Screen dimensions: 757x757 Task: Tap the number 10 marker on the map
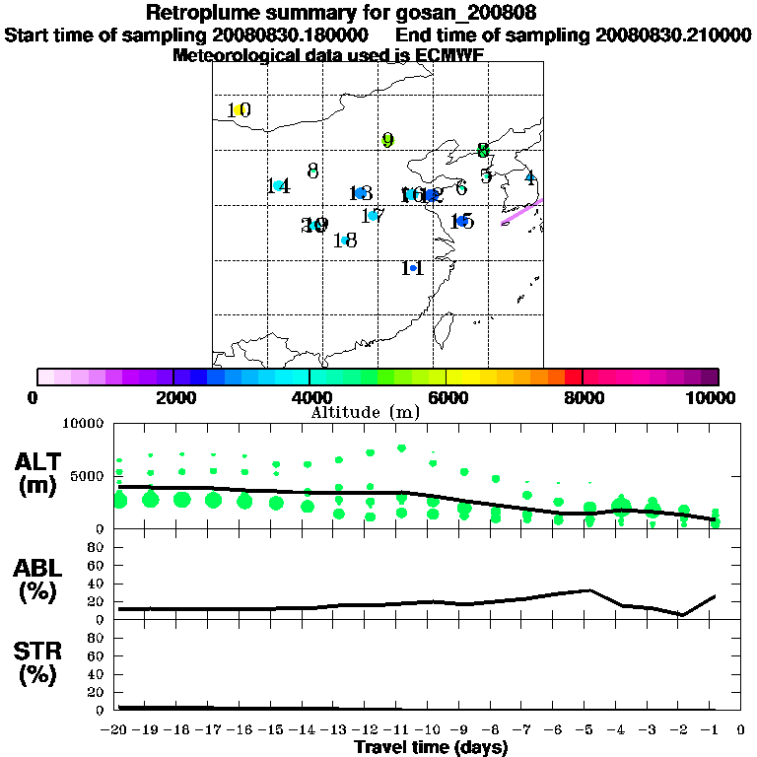point(239,110)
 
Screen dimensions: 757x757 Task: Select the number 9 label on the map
point(387,140)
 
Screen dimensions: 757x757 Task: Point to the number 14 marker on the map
point(279,186)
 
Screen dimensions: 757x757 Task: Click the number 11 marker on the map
point(413,268)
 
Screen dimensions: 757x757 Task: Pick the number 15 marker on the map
point(461,221)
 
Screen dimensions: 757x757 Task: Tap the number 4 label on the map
point(530,178)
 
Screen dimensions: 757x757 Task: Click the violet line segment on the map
point(522,210)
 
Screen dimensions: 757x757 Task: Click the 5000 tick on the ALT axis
point(89,477)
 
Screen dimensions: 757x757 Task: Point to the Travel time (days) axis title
point(431,747)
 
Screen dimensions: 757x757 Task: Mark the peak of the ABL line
point(588,590)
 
